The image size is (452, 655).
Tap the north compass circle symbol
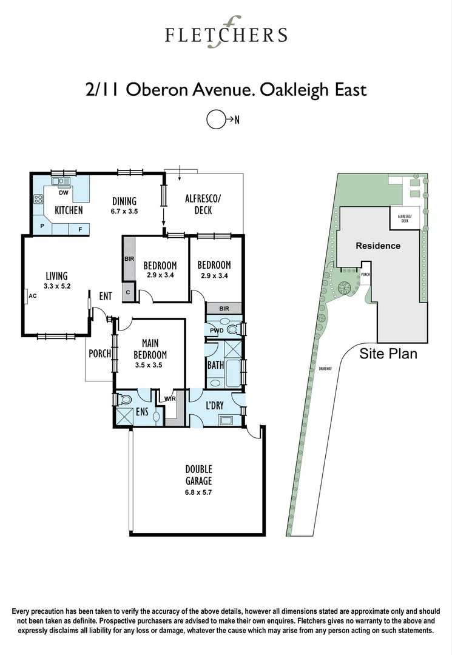216,119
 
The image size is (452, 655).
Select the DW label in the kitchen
62,193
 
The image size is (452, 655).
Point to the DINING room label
124,201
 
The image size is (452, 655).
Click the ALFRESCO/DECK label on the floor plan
203,204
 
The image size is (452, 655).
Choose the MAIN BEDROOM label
150,349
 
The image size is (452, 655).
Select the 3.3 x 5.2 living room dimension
57,286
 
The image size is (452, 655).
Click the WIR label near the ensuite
170,399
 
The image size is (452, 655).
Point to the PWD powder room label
217,331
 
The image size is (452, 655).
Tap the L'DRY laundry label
215,405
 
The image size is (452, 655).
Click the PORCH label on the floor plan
100,354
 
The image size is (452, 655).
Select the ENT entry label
106,296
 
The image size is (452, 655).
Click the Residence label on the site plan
377,246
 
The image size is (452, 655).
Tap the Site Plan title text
388,354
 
